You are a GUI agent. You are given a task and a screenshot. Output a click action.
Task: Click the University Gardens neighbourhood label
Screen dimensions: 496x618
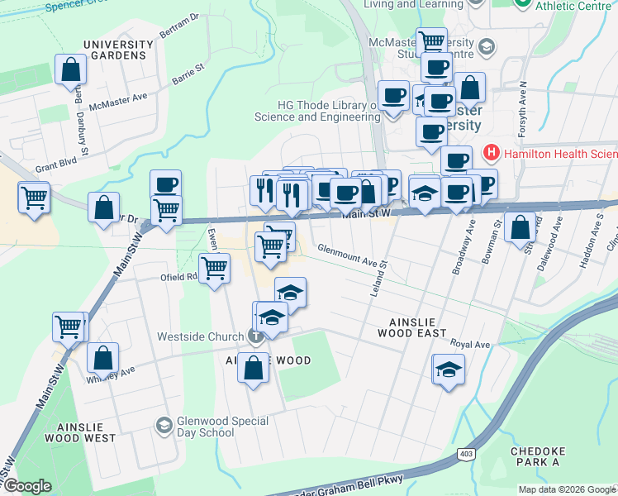tap(117, 50)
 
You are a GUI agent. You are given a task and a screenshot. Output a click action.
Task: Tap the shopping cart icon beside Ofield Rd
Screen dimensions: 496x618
tap(214, 267)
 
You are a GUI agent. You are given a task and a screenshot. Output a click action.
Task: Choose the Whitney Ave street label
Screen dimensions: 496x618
tap(110, 375)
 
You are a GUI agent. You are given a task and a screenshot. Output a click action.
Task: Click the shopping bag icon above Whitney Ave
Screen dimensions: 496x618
tap(102, 359)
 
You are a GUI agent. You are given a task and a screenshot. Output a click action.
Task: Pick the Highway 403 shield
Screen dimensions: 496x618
tap(465, 454)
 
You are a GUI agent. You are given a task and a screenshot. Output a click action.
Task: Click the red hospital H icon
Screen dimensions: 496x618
tap(491, 153)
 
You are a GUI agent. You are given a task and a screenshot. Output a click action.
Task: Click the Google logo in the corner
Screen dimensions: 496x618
tap(27, 486)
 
